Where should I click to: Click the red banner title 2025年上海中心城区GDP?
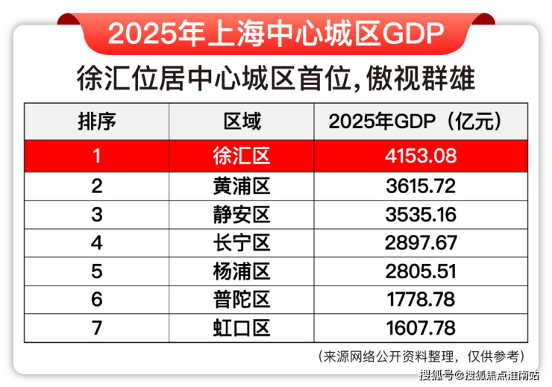tap(276, 32)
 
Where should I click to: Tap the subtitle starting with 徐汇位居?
tap(276, 78)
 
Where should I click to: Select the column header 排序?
tap(97, 121)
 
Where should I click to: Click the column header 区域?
tap(242, 121)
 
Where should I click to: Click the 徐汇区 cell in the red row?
tap(242, 157)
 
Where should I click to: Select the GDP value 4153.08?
tap(421, 157)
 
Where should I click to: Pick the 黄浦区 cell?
tap(242, 186)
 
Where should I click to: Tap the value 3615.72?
tap(421, 186)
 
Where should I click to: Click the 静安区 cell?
tap(242, 214)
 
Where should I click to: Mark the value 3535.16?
tap(421, 214)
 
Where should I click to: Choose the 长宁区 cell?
tap(242, 242)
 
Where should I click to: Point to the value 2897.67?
tap(421, 242)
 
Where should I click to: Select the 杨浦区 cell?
tap(242, 271)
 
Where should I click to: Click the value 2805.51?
tap(421, 271)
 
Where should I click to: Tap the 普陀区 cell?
tap(242, 299)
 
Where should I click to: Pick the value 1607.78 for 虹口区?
tap(421, 327)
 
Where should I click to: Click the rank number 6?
tap(97, 299)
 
